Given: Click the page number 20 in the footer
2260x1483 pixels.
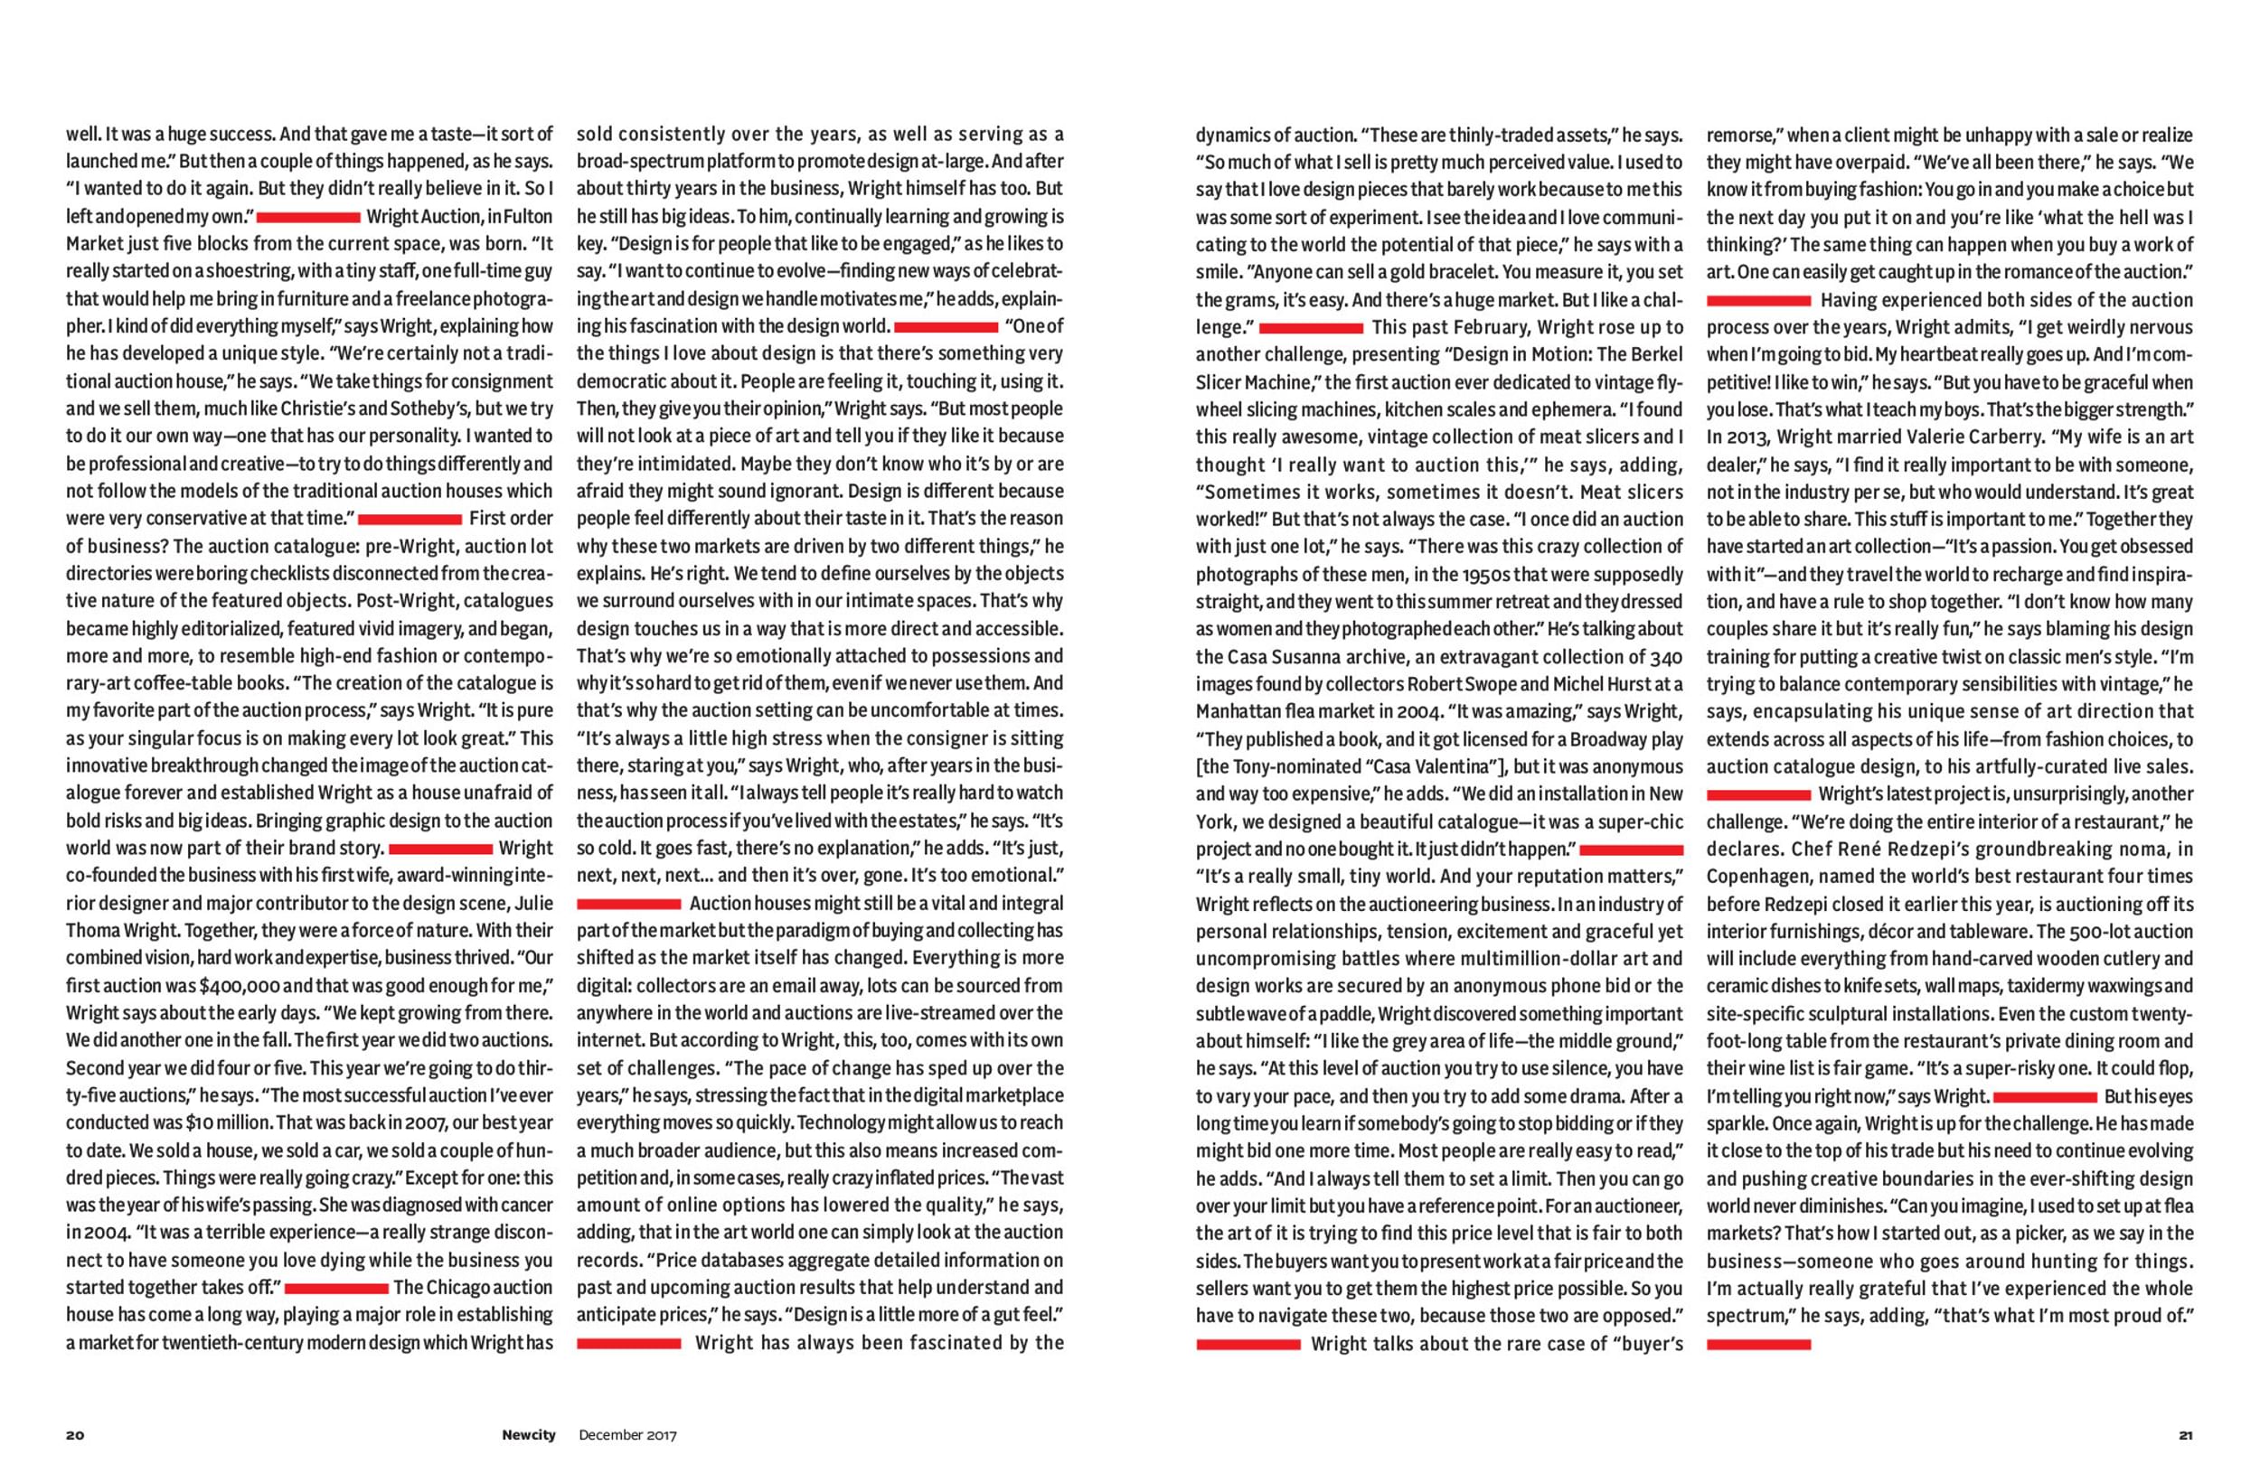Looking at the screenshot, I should pyautogui.click(x=75, y=1434).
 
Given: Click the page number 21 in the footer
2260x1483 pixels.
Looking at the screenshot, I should pyautogui.click(x=2185, y=1434).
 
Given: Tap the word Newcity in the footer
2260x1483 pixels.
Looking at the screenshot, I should pyautogui.click(x=529, y=1434).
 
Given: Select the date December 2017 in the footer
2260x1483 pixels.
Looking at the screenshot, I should pyautogui.click(x=627, y=1434).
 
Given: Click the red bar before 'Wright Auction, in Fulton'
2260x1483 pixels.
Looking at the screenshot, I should pyautogui.click(x=308, y=218).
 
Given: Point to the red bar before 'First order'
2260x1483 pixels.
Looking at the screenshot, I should pyautogui.click(x=410, y=520).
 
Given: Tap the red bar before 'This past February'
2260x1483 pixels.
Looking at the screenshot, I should pyautogui.click(x=1311, y=328).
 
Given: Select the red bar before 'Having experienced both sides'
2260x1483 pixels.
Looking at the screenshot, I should pyautogui.click(x=1758, y=301).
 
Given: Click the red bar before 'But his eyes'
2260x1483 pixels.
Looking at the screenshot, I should pyautogui.click(x=2045, y=1096).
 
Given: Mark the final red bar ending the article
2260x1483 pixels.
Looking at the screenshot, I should pyautogui.click(x=1758, y=1344).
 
